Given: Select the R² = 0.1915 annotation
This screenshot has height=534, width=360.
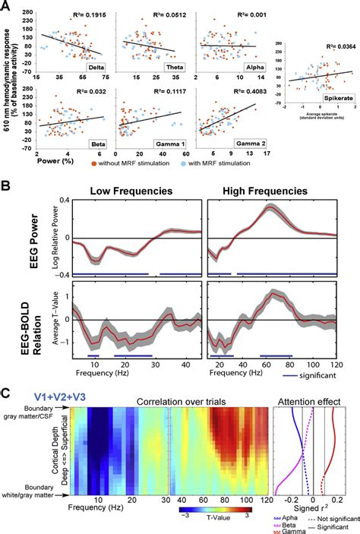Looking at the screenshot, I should [x=84, y=15].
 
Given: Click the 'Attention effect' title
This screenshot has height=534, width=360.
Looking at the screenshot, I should [x=316, y=400].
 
